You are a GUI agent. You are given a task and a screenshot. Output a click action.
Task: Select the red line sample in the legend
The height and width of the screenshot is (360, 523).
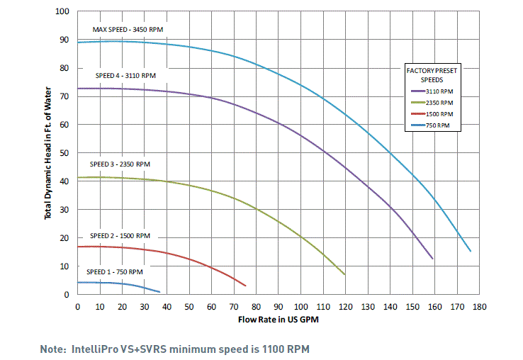(417, 114)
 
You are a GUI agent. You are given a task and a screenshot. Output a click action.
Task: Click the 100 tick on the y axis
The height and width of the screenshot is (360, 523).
(63, 12)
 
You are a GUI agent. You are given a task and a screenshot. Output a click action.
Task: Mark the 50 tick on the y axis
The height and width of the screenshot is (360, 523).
(65, 153)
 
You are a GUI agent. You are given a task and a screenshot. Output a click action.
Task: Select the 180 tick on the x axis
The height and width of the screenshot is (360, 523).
(480, 307)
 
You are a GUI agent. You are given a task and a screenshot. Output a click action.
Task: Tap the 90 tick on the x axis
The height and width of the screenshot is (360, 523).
(279, 307)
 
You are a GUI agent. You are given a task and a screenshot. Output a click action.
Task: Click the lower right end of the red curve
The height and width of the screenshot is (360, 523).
(245, 286)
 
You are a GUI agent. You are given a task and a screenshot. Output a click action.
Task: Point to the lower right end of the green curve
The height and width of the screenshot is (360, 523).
(344, 274)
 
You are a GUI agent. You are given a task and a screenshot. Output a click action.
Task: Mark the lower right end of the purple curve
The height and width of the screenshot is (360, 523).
(432, 258)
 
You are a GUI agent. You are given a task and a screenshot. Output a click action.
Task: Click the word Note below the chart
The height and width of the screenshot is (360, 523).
(53, 349)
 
